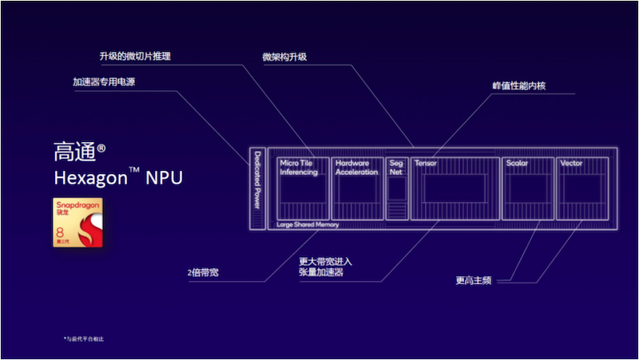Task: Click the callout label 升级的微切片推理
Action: [x=135, y=57]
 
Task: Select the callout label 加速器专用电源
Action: [x=104, y=81]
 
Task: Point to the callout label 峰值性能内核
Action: [x=518, y=85]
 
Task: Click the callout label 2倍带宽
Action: [x=203, y=273]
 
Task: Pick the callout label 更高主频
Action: [x=473, y=280]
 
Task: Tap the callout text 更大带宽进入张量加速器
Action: [x=325, y=267]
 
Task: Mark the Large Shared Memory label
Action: [x=308, y=225]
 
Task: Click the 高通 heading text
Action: [x=73, y=152]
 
